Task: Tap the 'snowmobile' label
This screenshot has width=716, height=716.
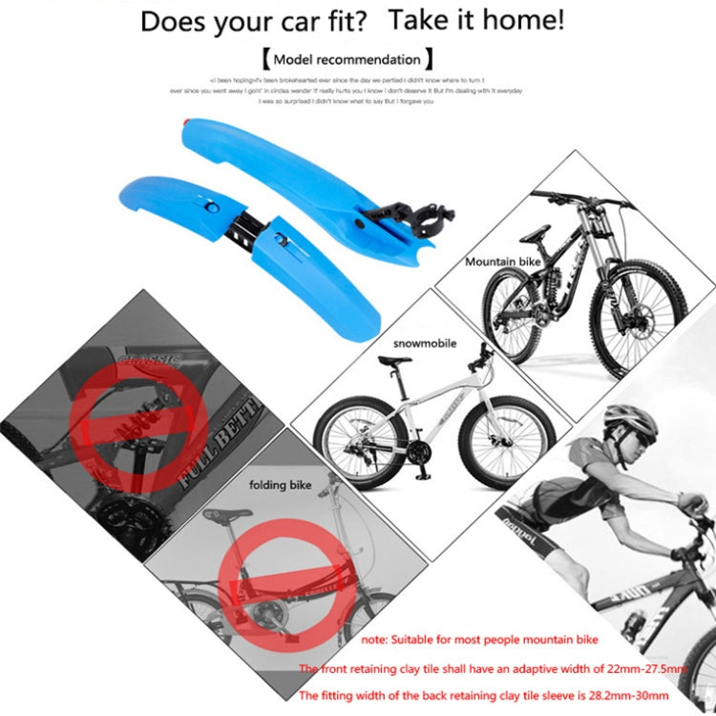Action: [x=426, y=343]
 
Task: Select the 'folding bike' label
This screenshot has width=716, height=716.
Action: [x=280, y=485]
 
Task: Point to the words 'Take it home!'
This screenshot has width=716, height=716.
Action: [x=476, y=19]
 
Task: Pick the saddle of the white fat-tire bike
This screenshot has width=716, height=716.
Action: [x=393, y=360]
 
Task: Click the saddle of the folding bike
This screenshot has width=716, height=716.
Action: [x=227, y=513]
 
